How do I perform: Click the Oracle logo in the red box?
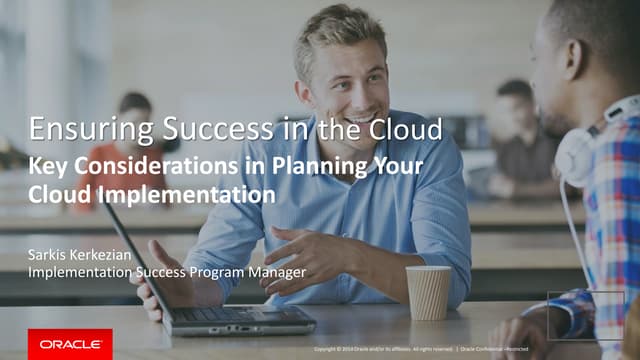tap(70, 344)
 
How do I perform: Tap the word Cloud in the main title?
tap(405, 130)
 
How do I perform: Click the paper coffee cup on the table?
tap(428, 292)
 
